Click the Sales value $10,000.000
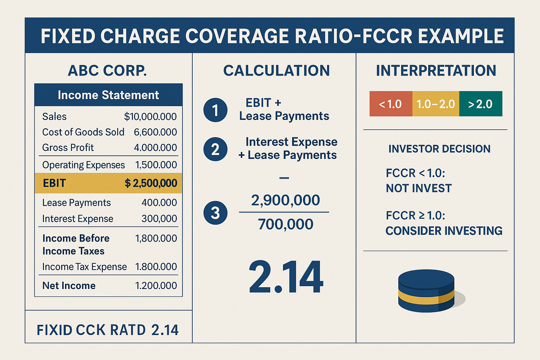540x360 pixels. (150, 117)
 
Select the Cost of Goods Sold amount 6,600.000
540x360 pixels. (155, 132)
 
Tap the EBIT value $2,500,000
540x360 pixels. (151, 183)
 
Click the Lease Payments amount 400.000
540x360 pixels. (159, 203)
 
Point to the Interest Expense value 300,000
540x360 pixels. (159, 219)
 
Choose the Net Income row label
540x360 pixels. (69, 285)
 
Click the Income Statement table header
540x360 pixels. (108, 95)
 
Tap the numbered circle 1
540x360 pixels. (215, 110)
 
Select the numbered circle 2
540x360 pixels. (215, 149)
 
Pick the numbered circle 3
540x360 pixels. (215, 213)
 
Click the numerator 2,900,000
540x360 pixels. (285, 200)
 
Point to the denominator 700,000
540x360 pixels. (285, 224)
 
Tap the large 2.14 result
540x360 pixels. (285, 277)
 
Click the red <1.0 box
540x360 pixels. (391, 104)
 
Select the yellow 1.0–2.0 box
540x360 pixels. (436, 104)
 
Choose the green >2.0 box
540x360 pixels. (481, 104)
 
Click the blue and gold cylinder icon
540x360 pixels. (426, 291)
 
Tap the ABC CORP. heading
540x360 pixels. (107, 71)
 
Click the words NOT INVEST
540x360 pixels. (418, 188)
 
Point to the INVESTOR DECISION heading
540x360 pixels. (439, 149)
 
